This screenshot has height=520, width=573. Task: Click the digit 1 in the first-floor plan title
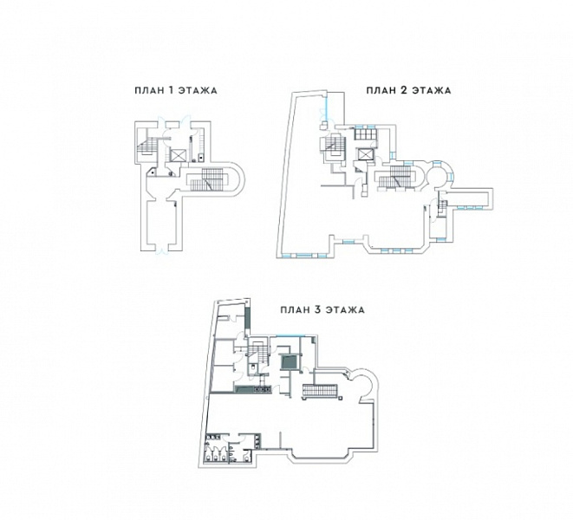pyautogui.click(x=170, y=91)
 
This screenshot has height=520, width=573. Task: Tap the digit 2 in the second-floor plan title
pyautogui.click(x=403, y=90)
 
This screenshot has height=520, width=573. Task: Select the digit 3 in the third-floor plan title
pyautogui.click(x=317, y=310)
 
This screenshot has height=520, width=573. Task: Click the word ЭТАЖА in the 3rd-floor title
pyautogui.click(x=345, y=310)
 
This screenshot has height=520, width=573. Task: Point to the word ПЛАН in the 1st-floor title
pyautogui.click(x=149, y=91)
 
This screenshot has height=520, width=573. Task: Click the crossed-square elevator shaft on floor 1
pyautogui.click(x=178, y=155)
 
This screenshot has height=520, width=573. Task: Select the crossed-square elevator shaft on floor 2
pyautogui.click(x=365, y=154)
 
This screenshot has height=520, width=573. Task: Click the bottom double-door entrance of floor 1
pyautogui.click(x=160, y=250)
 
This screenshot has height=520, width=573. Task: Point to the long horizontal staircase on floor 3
pyautogui.click(x=321, y=392)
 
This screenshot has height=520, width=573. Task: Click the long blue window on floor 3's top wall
pyautogui.click(x=290, y=335)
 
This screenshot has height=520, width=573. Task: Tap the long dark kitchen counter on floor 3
pyautogui.click(x=252, y=389)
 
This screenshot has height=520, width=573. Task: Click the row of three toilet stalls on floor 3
pyautogui.click(x=216, y=452)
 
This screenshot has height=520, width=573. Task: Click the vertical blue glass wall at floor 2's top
pyautogui.click(x=327, y=107)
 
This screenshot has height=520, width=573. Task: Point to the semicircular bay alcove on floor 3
pyautogui.click(x=362, y=386)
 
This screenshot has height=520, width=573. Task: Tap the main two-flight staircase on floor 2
pyautogui.click(x=396, y=178)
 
